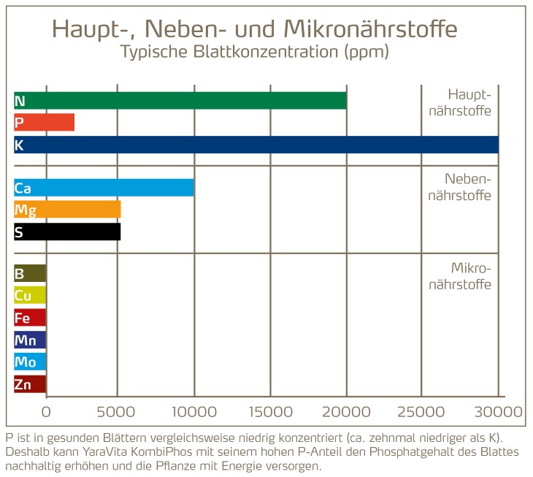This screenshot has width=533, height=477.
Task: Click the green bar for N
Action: (180, 101)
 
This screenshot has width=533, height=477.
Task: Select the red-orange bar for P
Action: (45, 123)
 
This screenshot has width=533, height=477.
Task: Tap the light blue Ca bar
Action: (104, 188)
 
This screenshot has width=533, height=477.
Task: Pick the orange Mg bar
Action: (67, 210)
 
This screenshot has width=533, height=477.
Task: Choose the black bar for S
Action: (67, 232)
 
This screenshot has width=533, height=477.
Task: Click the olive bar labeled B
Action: (30, 274)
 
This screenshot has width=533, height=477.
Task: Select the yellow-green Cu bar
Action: (30, 296)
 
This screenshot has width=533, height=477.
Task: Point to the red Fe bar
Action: (30, 318)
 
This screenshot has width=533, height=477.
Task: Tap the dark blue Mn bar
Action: (30, 340)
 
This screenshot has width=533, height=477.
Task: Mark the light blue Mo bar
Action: (30, 362)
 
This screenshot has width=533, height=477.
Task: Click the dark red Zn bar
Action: (30, 384)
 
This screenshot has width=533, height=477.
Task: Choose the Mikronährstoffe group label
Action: (469, 276)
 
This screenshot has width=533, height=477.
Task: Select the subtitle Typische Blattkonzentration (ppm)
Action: (255, 53)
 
